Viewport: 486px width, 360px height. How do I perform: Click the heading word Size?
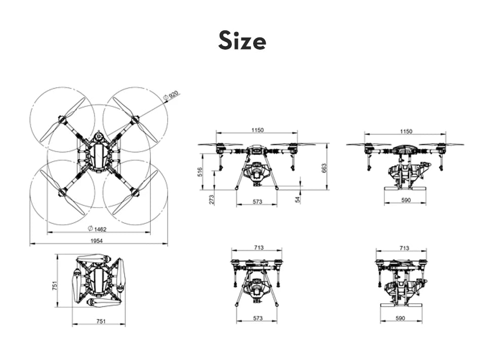pyautogui.click(x=242, y=41)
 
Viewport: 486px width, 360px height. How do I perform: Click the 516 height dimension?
pyautogui.click(x=200, y=172)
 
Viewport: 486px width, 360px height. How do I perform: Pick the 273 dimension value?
pyautogui.click(x=212, y=199)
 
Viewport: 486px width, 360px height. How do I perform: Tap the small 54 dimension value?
pyautogui.click(x=298, y=199)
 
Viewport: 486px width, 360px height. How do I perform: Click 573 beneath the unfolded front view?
pyautogui.click(x=257, y=202)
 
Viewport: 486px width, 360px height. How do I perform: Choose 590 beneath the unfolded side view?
pyautogui.click(x=405, y=201)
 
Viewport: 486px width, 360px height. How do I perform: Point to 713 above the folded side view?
pyautogui.click(x=404, y=248)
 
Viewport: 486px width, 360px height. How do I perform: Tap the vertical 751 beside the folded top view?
pyautogui.click(x=55, y=287)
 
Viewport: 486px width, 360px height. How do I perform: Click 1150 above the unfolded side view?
pyautogui.click(x=406, y=131)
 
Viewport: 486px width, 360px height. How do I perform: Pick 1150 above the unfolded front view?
pyautogui.click(x=257, y=131)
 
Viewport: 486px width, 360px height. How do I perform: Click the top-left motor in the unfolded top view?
pyautogui.click(x=62, y=120)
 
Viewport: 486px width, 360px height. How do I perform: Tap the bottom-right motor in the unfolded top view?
pyautogui.click(x=135, y=191)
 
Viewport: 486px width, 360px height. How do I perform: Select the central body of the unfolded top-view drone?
pyautogui.click(x=98, y=155)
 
